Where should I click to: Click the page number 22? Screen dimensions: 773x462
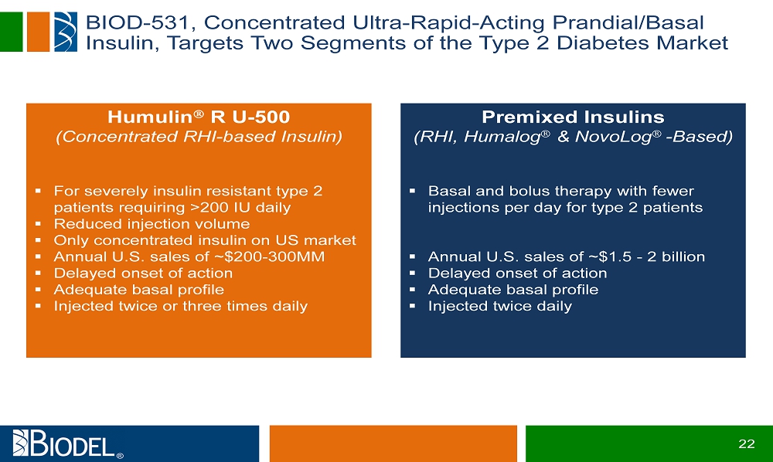click(747, 443)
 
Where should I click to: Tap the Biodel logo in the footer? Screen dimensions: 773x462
click(67, 443)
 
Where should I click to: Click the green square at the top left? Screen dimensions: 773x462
click(11, 32)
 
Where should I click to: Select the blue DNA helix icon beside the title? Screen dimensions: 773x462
click(66, 32)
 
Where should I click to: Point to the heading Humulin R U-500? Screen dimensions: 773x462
click(199, 117)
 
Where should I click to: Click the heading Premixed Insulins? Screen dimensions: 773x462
click(573, 117)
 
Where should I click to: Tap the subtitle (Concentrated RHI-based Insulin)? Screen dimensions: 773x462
click(199, 137)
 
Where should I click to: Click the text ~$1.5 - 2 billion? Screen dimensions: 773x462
click(647, 256)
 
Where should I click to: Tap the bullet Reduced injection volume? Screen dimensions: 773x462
click(152, 224)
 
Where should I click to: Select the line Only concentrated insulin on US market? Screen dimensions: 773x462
click(205, 240)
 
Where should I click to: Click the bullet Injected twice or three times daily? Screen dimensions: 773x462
click(180, 307)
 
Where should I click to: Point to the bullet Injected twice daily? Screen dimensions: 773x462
click(500, 307)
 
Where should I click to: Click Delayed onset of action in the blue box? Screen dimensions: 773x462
click(518, 273)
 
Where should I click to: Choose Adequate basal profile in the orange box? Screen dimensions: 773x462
click(138, 290)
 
